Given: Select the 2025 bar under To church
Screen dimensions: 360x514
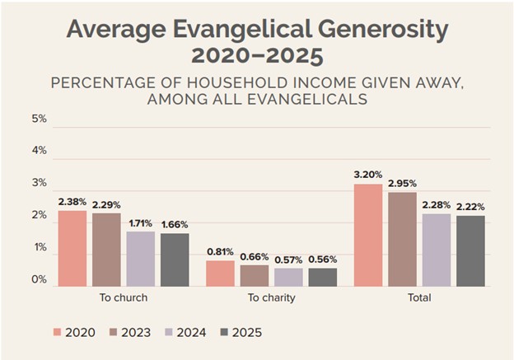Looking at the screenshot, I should pyautogui.click(x=174, y=259).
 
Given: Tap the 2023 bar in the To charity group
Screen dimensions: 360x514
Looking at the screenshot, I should pyautogui.click(x=254, y=276).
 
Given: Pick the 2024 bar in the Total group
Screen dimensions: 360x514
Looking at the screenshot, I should pyautogui.click(x=437, y=250).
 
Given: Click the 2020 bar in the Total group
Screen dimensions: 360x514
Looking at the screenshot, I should pyautogui.click(x=368, y=236).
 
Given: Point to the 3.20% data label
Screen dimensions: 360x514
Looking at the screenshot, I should pyautogui.click(x=368, y=175).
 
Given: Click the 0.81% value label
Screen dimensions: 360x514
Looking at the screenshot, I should pyautogui.click(x=220, y=252).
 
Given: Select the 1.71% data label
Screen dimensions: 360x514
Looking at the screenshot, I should pyautogui.click(x=140, y=223).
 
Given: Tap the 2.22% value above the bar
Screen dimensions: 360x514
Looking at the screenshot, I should pyautogui.click(x=470, y=207).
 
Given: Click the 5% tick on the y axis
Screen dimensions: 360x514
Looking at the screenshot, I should pyautogui.click(x=40, y=119).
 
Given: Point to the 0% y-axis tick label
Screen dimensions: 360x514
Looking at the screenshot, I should pyautogui.click(x=40, y=280).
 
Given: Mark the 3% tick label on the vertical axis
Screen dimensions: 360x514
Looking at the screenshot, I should pyautogui.click(x=40, y=183).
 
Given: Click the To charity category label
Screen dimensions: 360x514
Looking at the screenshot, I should pyautogui.click(x=271, y=297).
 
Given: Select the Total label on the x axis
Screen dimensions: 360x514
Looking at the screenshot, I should pyautogui.click(x=419, y=297).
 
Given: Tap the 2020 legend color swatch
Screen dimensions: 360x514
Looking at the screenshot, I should pyautogui.click(x=58, y=333).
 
